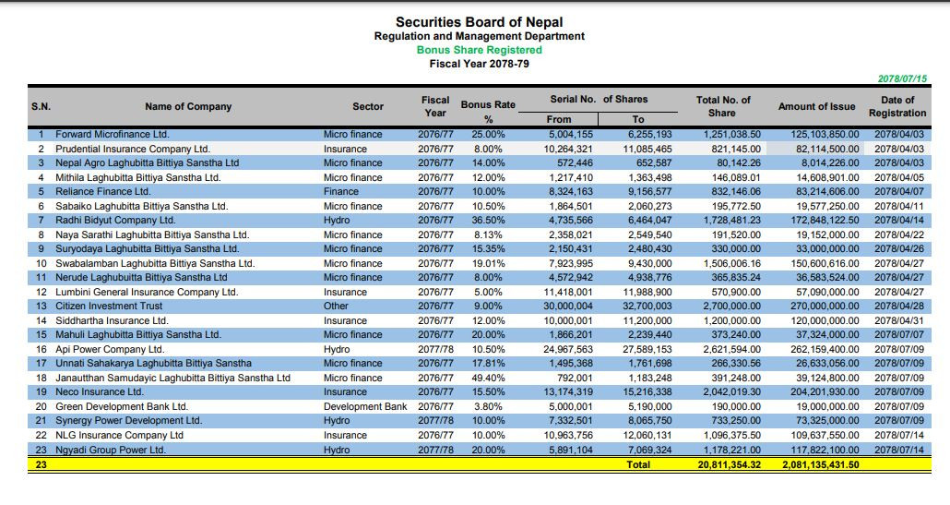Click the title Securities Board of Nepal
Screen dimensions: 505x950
[479, 22]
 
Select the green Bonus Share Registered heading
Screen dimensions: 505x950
[479, 50]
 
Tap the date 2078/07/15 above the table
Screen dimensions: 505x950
[902, 79]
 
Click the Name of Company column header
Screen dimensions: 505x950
[188, 107]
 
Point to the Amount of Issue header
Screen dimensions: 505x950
[816, 107]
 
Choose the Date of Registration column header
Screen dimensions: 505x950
[897, 107]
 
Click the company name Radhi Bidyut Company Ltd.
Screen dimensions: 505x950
[115, 220]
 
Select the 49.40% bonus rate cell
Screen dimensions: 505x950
[488, 378]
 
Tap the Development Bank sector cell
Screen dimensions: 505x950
[365, 406]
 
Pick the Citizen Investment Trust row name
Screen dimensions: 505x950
[109, 306]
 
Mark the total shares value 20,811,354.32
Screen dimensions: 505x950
[729, 464]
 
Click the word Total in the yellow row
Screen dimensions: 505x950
[638, 464]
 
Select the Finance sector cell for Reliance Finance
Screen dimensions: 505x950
[341, 191]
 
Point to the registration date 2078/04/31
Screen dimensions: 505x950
[899, 320]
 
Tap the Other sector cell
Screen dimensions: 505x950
[336, 306]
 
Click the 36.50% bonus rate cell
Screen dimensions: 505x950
[488, 220]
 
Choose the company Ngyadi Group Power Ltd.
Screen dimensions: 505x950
[111, 450]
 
